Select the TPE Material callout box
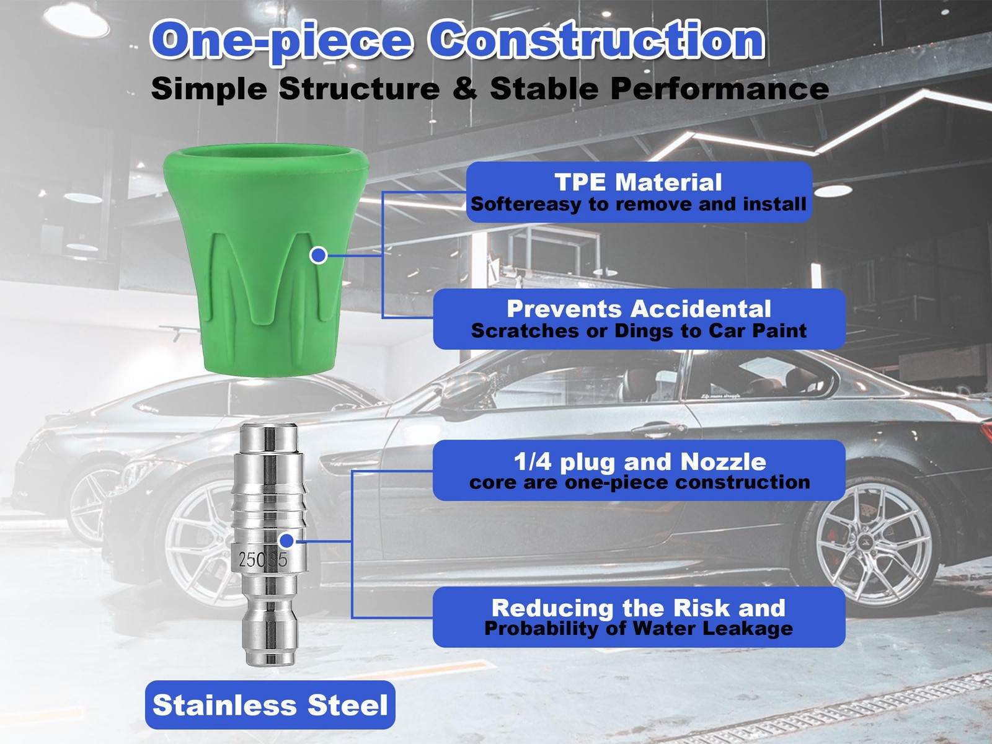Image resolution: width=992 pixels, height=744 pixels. point(639,192)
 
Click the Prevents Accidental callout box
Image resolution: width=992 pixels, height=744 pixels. point(639,319)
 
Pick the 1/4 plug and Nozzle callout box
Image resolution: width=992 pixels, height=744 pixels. point(639,470)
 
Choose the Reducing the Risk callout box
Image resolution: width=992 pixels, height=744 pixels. point(639,617)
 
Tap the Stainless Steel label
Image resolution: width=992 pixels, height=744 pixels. point(270,705)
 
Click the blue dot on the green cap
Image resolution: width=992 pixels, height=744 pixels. point(319,255)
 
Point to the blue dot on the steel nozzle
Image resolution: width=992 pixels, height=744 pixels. point(286,540)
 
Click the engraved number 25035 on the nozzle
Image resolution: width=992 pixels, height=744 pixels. point(263,560)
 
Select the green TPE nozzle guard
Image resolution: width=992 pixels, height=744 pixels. point(266,260)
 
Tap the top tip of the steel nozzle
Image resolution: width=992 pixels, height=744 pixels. point(268,425)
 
